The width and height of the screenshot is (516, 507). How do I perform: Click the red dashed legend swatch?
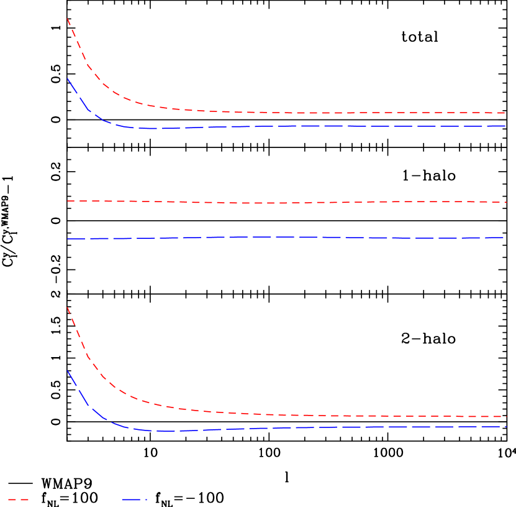[18, 500]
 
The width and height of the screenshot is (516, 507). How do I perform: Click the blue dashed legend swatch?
[134, 500]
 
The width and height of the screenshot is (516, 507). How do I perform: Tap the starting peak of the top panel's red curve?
[67, 19]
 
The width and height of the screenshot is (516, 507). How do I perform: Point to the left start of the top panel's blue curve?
[67, 78]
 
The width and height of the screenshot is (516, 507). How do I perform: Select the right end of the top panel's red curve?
[506, 113]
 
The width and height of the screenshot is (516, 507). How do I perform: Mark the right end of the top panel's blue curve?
[506, 126]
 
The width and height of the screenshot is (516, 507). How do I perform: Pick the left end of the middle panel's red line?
[67, 201]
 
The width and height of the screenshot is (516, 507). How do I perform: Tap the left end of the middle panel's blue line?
[67, 239]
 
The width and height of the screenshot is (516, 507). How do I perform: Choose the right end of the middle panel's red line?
[506, 202]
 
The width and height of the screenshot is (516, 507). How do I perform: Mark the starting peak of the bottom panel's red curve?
[67, 307]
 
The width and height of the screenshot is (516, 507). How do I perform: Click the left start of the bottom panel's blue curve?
[67, 371]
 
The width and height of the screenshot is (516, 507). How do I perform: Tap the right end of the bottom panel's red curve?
[506, 416]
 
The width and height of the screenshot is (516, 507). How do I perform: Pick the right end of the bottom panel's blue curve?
[506, 427]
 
